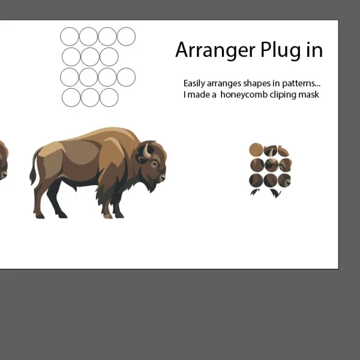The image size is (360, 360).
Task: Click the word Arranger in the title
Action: point(215,50)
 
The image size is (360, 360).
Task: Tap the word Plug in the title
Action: point(280,50)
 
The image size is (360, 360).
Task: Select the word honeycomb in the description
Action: point(244,95)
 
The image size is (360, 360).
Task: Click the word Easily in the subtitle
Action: point(194,83)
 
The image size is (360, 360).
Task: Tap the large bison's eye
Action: point(155,164)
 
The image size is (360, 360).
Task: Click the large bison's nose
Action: point(163,177)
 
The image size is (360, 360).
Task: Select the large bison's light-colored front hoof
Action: point(108,216)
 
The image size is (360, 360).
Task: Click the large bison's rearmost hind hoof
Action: point(40,216)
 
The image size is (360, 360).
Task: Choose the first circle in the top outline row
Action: point(70,37)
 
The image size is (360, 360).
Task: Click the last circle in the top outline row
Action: point(126,37)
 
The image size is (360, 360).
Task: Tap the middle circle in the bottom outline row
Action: point(90,98)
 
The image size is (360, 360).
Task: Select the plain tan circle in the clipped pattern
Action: point(256,149)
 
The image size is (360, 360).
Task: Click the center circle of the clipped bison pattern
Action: point(271,165)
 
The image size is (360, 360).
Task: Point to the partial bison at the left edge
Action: point(4,161)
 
